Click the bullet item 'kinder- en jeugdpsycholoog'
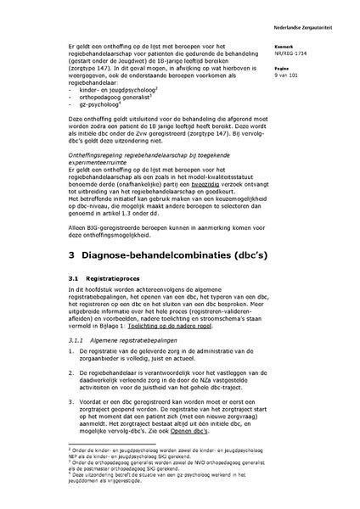point(115,89)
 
